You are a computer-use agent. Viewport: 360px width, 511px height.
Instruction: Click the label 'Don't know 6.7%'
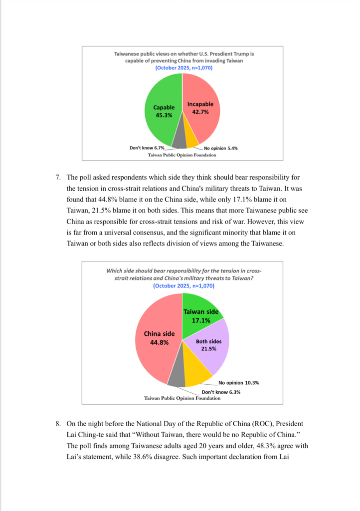(147, 148)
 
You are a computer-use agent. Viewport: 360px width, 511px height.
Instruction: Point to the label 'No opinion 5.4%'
(220, 148)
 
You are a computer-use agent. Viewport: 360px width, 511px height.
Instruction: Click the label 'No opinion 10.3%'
(238, 383)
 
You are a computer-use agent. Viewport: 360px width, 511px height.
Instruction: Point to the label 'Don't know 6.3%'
(221, 392)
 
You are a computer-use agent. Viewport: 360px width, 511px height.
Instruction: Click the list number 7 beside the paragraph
(58, 177)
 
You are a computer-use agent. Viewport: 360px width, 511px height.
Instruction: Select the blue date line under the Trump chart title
(182, 67)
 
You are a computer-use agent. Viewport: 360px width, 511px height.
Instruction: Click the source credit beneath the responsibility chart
(182, 398)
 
